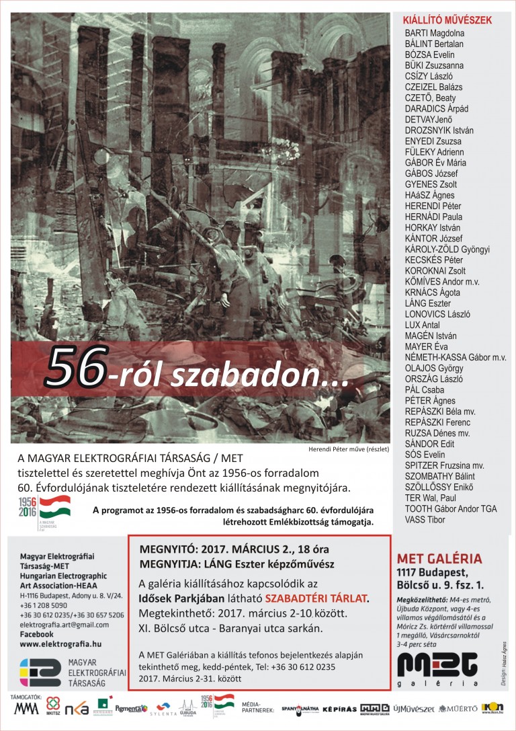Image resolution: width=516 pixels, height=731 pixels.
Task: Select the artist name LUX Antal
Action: tap(422, 325)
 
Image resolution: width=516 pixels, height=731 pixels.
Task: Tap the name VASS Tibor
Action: tap(426, 519)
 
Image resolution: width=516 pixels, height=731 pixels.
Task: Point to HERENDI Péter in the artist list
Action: tap(433, 206)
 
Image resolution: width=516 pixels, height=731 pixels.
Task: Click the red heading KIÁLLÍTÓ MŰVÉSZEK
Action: tap(447, 20)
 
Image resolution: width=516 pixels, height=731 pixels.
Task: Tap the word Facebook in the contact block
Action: tap(36, 634)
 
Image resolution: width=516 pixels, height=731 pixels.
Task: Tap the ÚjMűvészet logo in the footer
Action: tap(414, 709)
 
